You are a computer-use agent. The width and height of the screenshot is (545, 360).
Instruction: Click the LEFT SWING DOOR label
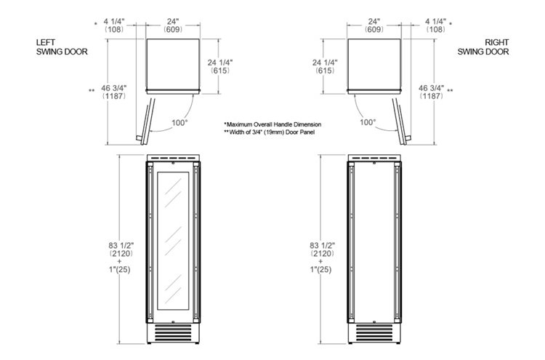(62, 47)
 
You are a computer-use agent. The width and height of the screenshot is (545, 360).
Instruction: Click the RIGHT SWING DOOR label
(483, 47)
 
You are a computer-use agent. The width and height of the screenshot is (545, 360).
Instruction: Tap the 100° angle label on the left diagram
(179, 122)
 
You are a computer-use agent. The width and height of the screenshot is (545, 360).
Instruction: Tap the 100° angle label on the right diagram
(368, 122)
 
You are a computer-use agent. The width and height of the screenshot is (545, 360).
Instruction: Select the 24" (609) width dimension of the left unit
(173, 25)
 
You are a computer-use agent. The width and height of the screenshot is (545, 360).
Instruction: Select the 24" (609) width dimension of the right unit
(374, 25)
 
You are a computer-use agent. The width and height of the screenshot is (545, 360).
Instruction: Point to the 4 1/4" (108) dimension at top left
(113, 25)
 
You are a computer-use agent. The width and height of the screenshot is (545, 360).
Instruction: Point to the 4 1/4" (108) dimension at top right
(435, 25)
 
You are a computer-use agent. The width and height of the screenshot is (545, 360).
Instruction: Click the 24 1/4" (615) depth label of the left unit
(220, 66)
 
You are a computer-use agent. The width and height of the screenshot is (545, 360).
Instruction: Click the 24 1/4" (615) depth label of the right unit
(325, 66)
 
